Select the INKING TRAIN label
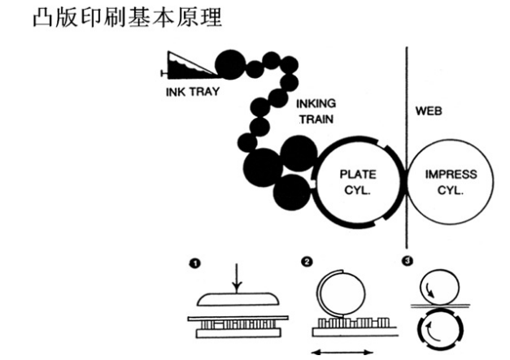click(315, 111)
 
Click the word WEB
click(429, 111)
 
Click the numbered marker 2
click(307, 262)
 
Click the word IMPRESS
click(451, 174)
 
